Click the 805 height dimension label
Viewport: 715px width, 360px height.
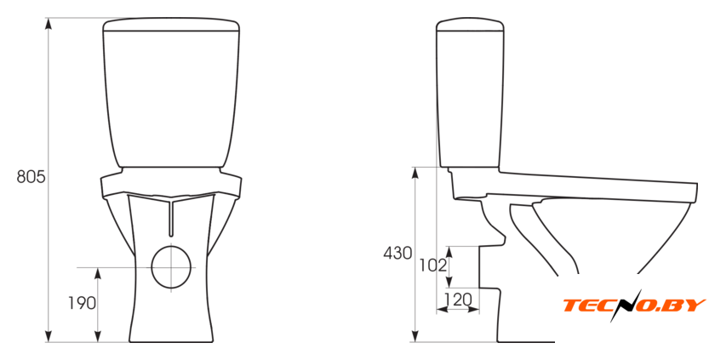[31, 177]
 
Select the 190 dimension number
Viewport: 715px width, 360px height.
[82, 303]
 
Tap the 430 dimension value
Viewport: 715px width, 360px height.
[398, 253]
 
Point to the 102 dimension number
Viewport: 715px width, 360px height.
[432, 266]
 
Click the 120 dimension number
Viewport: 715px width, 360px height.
[458, 300]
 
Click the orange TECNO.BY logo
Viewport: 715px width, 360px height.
[634, 306]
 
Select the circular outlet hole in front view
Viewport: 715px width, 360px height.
[171, 267]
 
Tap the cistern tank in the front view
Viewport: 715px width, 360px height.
[171, 93]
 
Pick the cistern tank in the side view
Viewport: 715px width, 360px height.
[470, 93]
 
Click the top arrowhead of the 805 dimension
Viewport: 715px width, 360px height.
[49, 23]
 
